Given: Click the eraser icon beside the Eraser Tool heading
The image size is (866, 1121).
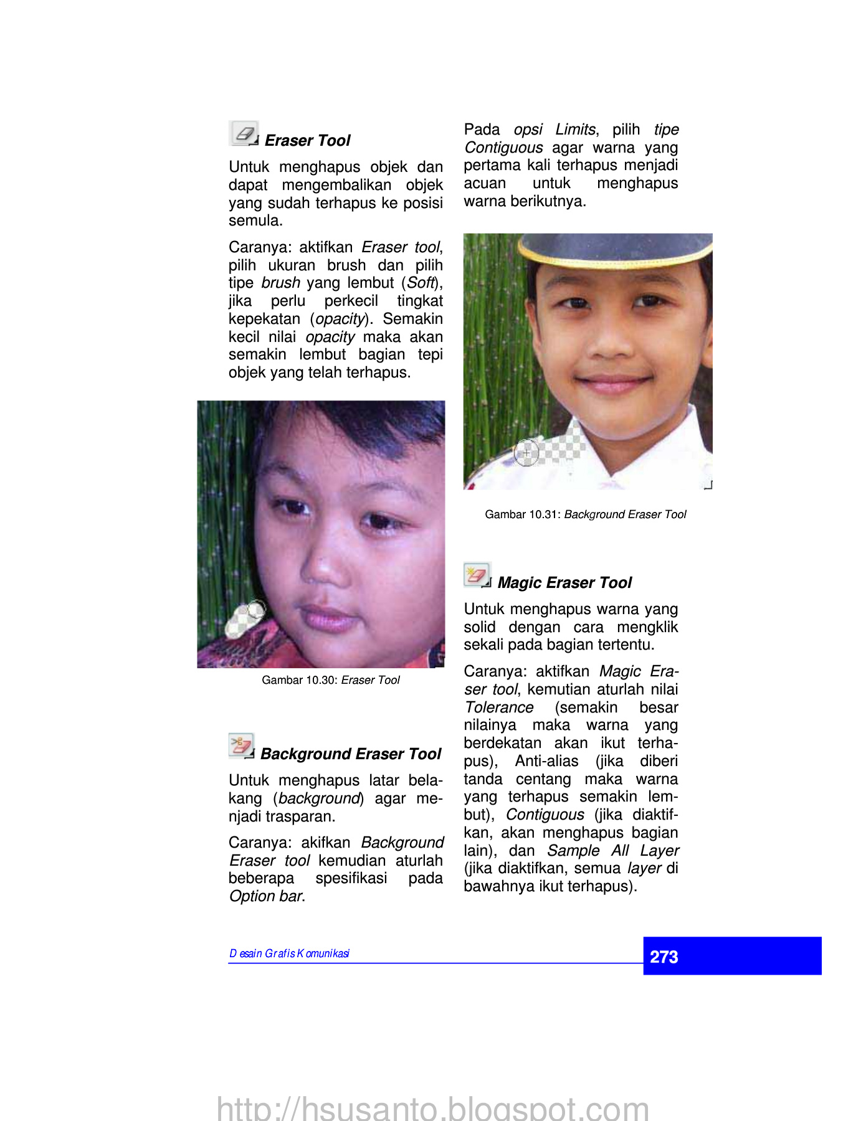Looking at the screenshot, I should [244, 133].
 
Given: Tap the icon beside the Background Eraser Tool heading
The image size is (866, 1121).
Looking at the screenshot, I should [241, 745].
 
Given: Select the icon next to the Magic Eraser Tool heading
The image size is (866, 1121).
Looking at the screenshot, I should [477, 574].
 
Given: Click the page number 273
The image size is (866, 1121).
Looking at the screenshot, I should [664, 957].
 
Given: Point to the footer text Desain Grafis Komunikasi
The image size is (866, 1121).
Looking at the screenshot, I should [289, 953].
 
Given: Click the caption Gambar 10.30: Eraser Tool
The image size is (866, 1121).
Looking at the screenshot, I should [330, 680].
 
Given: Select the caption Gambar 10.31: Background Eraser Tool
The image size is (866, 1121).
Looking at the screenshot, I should [585, 514].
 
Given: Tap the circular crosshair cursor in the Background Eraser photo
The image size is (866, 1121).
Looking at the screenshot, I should [526, 453].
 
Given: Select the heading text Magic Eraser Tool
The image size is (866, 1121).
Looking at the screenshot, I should [564, 583].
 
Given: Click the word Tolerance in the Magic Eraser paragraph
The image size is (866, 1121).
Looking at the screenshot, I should [499, 707].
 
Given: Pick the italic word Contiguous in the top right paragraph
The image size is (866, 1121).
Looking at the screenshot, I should [503, 148].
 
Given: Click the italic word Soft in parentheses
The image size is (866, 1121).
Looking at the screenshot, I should [421, 283].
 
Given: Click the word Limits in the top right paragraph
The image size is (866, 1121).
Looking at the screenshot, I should [575, 130].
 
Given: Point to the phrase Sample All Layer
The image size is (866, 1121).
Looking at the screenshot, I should [613, 851].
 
